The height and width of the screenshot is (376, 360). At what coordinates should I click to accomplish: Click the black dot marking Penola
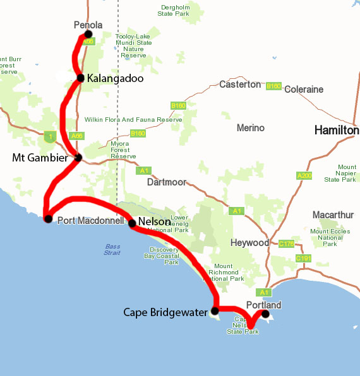tap(88, 34)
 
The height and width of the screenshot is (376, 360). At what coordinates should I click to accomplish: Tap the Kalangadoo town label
tap(116, 79)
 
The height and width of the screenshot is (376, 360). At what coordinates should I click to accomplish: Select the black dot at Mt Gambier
tap(78, 158)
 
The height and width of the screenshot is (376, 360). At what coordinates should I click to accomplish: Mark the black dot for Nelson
tap(132, 223)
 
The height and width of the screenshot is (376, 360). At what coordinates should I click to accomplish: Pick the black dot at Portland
tap(265, 314)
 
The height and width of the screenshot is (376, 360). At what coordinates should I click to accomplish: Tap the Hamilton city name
tap(337, 131)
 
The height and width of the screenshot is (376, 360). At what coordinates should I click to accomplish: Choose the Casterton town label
tap(240, 85)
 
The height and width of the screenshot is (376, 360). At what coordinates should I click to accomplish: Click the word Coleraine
tap(304, 90)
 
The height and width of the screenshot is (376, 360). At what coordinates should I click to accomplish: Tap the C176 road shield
tap(287, 244)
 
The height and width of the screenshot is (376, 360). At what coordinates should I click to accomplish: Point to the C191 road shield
tap(304, 259)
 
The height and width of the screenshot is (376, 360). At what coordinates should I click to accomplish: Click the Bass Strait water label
tap(112, 250)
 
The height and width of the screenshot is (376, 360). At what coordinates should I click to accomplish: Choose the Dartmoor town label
tap(167, 182)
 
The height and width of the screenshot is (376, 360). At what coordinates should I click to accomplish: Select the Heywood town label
tap(249, 243)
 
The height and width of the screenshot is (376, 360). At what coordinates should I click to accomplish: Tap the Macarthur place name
tap(332, 215)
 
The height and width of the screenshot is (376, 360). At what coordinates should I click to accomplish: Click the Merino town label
tap(250, 128)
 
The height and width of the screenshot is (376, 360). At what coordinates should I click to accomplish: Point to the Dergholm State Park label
tap(174, 9)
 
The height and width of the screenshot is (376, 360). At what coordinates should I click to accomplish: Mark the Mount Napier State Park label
tap(340, 173)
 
